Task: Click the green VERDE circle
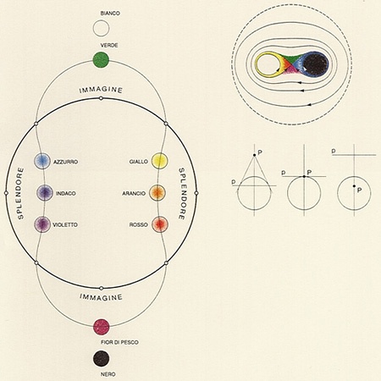pyautogui.click(x=101, y=60)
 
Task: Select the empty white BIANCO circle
pyautogui.click(x=101, y=28)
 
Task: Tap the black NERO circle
pyautogui.click(x=101, y=358)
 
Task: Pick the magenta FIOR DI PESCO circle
pyautogui.click(x=101, y=327)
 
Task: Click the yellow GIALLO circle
pyautogui.click(x=160, y=161)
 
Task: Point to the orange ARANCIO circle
pyautogui.click(x=157, y=193)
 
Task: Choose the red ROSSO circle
pyautogui.click(x=160, y=224)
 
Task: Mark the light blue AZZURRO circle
pyautogui.click(x=42, y=161)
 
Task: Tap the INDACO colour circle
pyautogui.click(x=45, y=193)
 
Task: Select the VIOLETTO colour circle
pyautogui.click(x=42, y=224)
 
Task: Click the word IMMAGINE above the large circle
pyautogui.click(x=101, y=90)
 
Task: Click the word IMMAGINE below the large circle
pyautogui.click(x=101, y=297)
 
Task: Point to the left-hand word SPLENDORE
pyautogui.click(x=20, y=193)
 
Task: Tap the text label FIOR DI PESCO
pyautogui.click(x=119, y=342)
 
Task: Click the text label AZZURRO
pyautogui.click(x=66, y=162)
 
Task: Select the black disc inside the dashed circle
pyautogui.click(x=317, y=64)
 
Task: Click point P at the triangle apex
pyautogui.click(x=254, y=155)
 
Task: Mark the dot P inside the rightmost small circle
pyautogui.click(x=354, y=186)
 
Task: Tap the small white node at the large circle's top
pyautogui.click(x=101, y=98)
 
